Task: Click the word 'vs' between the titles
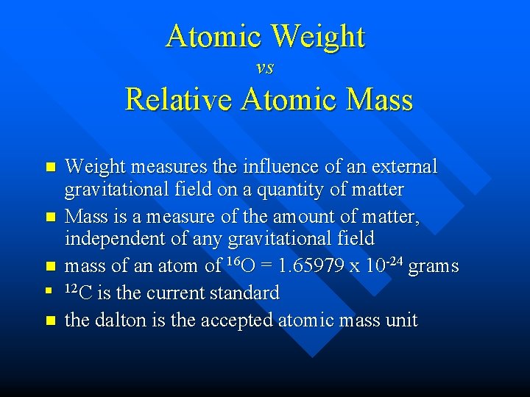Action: tap(265, 68)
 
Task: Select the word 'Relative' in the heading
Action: tap(174, 99)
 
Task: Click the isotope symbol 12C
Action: tap(79, 292)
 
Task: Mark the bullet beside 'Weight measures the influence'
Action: tap(50, 168)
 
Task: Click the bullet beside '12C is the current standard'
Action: tap(50, 293)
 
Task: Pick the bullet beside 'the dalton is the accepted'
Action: tap(50, 321)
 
